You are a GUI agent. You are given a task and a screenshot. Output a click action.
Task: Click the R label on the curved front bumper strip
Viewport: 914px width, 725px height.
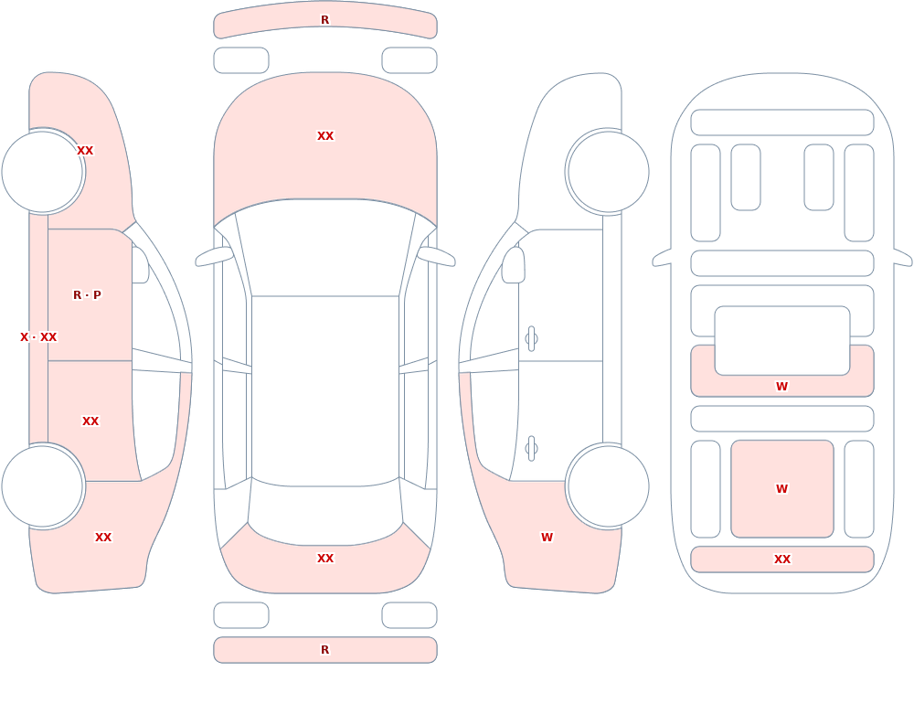click(324, 20)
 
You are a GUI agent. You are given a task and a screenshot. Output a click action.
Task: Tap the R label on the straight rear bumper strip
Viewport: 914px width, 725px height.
click(324, 650)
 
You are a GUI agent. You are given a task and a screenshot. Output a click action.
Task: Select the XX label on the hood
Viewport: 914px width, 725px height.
click(325, 136)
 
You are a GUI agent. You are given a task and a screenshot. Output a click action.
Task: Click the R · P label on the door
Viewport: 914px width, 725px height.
click(87, 295)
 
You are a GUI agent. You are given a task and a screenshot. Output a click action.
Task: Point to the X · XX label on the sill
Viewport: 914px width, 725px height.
click(38, 337)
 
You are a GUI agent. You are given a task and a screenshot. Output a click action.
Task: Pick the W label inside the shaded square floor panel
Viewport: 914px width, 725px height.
click(781, 489)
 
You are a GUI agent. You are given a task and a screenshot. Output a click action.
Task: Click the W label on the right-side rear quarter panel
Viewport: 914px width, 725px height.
click(547, 538)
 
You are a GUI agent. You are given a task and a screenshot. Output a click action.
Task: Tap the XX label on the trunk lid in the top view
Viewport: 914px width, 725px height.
click(325, 559)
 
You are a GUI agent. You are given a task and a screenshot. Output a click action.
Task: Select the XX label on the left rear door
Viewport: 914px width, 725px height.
click(90, 421)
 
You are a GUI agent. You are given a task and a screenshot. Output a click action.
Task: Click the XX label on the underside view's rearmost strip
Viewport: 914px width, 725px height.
click(781, 560)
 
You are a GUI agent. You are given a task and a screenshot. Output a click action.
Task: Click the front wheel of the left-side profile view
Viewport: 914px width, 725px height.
click(43, 172)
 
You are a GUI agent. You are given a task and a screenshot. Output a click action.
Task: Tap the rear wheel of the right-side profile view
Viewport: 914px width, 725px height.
click(608, 486)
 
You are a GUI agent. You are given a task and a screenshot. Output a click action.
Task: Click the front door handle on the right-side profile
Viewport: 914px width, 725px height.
click(531, 339)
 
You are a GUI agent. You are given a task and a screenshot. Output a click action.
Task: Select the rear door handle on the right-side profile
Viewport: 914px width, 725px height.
click(531, 449)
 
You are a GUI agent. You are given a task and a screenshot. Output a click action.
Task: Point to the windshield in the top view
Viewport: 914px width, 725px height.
click(325, 245)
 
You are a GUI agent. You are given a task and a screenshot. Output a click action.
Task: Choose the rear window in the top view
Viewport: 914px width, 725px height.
click(325, 513)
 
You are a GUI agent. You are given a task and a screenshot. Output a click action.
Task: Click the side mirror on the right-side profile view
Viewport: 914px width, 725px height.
click(513, 265)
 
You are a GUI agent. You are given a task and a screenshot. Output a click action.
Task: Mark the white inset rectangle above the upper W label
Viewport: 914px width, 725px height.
click(781, 341)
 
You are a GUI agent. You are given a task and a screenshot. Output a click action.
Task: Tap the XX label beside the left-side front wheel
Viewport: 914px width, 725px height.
click(85, 151)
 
